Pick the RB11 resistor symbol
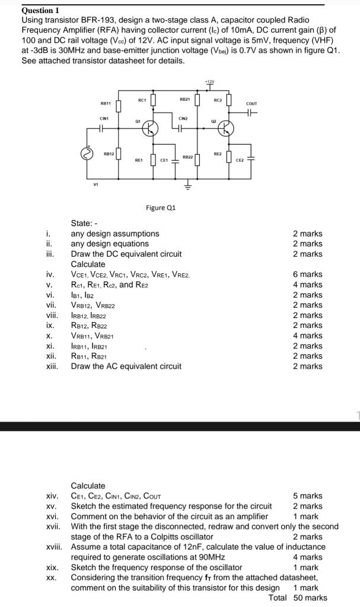point(119,104)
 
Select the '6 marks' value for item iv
point(308,274)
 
